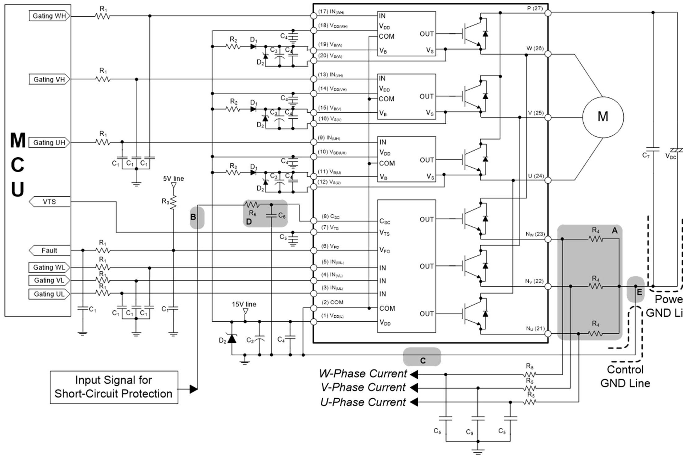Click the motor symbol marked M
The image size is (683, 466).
click(603, 117)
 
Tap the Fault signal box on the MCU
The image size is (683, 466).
click(49, 250)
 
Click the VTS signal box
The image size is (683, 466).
click(49, 202)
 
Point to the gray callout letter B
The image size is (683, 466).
click(193, 217)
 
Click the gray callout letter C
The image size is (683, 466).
click(423, 360)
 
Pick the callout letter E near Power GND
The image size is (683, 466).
click(639, 292)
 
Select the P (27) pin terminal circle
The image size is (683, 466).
click(548, 13)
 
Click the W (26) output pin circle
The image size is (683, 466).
click(548, 54)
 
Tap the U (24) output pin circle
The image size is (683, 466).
click(548, 180)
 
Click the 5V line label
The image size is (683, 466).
click(174, 178)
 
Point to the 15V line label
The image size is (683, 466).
click(244, 304)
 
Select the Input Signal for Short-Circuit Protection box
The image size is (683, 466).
click(114, 387)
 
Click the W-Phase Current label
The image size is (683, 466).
click(363, 374)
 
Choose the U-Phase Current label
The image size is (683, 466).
click(363, 402)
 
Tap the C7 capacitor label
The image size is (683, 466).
click(646, 155)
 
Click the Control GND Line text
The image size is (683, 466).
click(625, 376)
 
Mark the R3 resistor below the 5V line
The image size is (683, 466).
click(173, 202)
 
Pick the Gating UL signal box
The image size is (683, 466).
click(49, 294)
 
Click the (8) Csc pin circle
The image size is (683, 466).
click(314, 221)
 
